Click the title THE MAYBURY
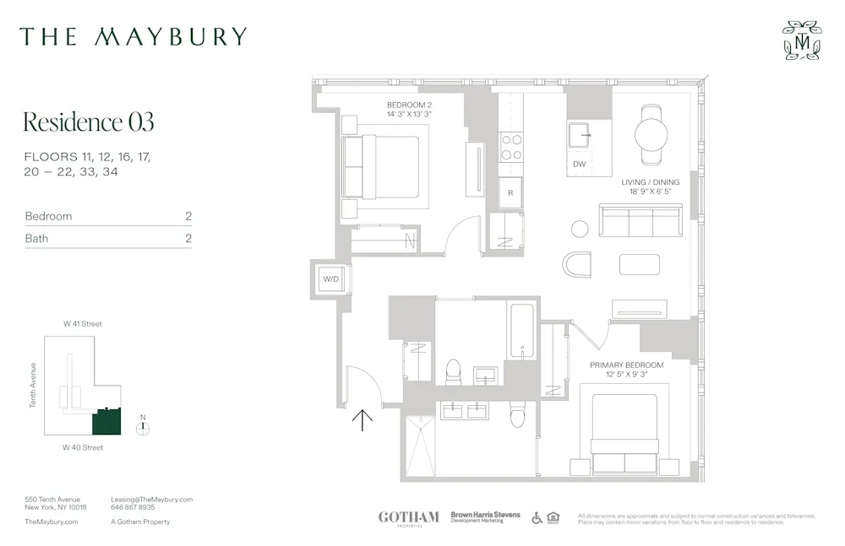tap(134, 36)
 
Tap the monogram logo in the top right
tap(800, 41)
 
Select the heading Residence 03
tap(89, 122)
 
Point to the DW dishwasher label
tap(579, 164)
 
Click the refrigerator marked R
tap(510, 192)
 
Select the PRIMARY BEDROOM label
tap(626, 365)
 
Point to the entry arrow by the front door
tap(362, 419)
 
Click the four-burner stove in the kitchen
tap(511, 148)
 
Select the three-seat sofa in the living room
tap(641, 220)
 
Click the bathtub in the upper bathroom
tap(523, 332)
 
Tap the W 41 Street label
tap(83, 324)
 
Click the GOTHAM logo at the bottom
tap(408, 517)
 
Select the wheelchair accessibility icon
tap(537, 517)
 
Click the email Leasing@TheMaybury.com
tap(152, 500)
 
